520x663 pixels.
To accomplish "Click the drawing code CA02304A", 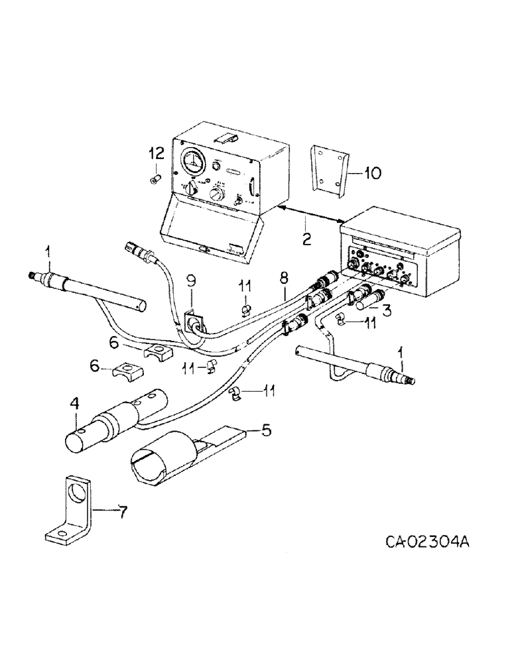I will tap(427, 543).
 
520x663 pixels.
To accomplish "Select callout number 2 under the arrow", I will tap(306, 239).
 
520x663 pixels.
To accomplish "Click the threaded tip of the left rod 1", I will tap(34, 276).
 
